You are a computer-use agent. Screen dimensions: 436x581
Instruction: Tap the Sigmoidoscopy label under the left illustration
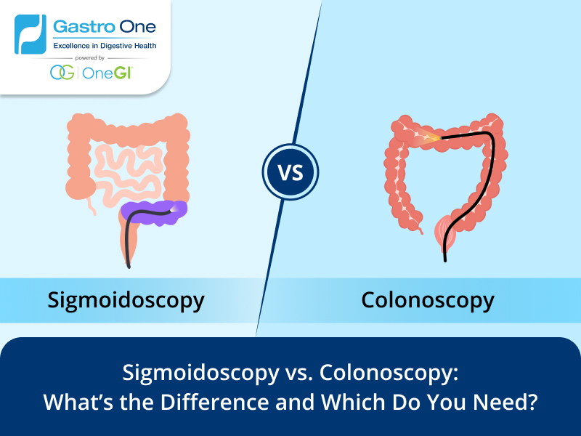coord(126,299)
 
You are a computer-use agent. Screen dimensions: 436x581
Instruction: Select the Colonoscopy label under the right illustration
coord(428,299)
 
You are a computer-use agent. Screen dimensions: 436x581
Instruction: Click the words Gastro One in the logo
coord(105,28)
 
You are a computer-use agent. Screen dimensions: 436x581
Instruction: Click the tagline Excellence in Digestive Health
coord(105,46)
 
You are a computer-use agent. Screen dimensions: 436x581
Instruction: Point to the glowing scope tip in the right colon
coord(433,137)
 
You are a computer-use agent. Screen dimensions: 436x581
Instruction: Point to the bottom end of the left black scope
coord(129,267)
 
